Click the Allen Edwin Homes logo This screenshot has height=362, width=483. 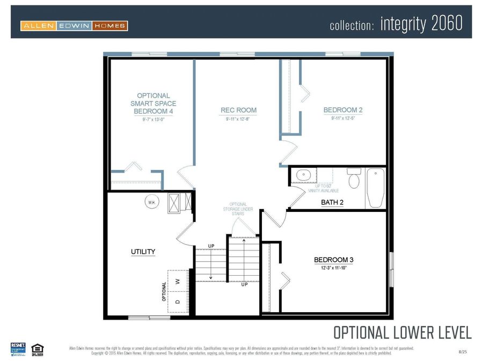pyautogui.click(x=74, y=25)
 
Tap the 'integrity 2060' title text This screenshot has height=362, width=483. pyautogui.click(x=421, y=24)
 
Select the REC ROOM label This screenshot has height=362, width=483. pyautogui.click(x=239, y=110)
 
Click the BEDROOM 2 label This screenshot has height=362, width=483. pyautogui.click(x=343, y=110)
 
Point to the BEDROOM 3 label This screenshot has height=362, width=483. pyautogui.click(x=333, y=260)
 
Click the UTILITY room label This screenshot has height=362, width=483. pyautogui.click(x=143, y=252)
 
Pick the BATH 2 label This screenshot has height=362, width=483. pyautogui.click(x=332, y=202)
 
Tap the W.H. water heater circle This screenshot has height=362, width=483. pyautogui.click(x=152, y=202)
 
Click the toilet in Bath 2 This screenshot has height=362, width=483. pyautogui.click(x=354, y=180)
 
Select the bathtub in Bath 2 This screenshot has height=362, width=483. pyautogui.click(x=376, y=188)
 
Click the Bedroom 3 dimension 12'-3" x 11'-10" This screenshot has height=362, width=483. pyautogui.click(x=333, y=268)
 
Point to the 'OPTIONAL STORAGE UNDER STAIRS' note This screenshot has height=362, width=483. pyautogui.click(x=238, y=209)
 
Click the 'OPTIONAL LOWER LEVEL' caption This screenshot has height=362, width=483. pyautogui.click(x=402, y=333)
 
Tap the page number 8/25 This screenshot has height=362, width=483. pyautogui.click(x=463, y=351)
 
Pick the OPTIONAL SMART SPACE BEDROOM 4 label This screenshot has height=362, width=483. pyautogui.click(x=153, y=104)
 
